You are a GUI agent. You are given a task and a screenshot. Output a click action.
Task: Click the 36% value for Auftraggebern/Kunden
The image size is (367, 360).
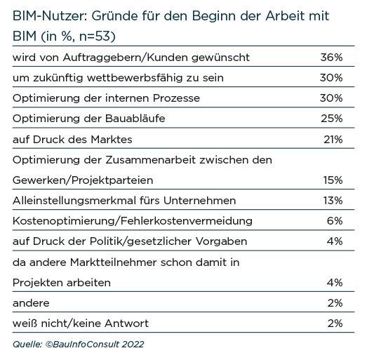tap(331, 58)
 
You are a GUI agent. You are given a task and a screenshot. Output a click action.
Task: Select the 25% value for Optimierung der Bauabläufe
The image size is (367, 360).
tap(332, 119)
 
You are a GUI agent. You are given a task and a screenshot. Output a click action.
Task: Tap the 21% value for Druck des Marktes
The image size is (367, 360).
tap(333, 140)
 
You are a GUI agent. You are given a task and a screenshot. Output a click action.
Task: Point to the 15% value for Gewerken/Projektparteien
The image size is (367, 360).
tap(333, 180)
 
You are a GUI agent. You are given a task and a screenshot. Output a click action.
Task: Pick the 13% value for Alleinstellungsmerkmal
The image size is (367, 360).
tap(333, 201)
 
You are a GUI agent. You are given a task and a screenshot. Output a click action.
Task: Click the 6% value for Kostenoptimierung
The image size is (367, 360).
tap(335, 221)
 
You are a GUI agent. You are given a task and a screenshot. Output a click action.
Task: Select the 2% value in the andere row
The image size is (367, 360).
tap(335, 303)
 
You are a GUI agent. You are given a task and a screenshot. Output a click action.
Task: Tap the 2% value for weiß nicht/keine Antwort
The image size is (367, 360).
tap(335, 324)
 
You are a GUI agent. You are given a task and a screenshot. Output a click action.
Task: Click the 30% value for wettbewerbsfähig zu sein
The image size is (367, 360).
tap(331, 78)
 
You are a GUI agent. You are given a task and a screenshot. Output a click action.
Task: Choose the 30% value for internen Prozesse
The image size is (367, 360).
tap(331, 98)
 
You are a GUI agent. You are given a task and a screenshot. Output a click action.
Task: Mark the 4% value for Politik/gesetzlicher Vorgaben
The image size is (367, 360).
tap(335, 241)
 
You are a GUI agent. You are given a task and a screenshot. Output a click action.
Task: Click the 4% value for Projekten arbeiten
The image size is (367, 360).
tap(335, 283)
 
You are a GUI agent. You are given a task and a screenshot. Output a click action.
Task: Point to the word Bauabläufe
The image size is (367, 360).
tap(135, 119)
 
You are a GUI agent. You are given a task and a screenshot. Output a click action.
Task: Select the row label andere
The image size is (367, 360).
tap(31, 303)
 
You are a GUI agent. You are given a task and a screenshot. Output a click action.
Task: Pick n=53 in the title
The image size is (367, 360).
tap(95, 36)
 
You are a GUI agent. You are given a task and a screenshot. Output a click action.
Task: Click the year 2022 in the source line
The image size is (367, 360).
tap(133, 345)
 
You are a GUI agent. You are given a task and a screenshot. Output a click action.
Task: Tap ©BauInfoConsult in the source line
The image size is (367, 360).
tap(82, 345)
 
